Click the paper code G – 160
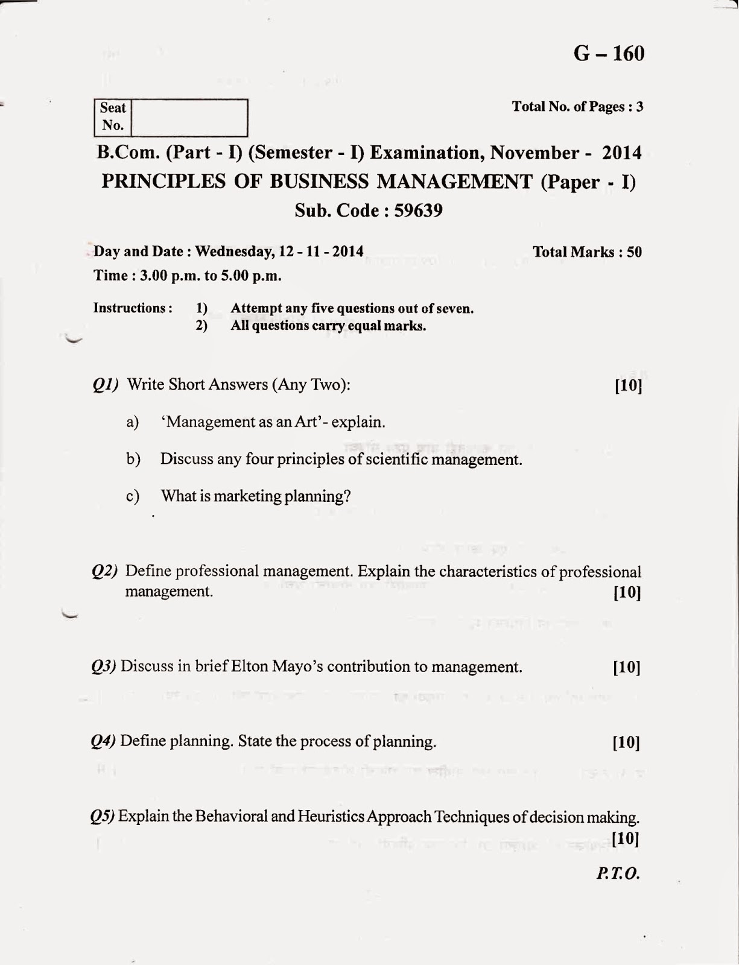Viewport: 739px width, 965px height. [609, 54]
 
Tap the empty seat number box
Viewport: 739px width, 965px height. [189, 117]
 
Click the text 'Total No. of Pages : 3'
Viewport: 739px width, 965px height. [577, 107]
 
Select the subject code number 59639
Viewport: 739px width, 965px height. [418, 210]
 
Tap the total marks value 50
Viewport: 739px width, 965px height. [634, 252]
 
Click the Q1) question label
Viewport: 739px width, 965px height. [105, 385]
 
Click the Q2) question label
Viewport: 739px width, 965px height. [104, 571]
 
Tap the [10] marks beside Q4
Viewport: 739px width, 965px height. [626, 742]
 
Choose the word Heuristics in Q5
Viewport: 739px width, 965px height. [331, 817]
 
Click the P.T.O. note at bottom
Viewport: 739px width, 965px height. [618, 873]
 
